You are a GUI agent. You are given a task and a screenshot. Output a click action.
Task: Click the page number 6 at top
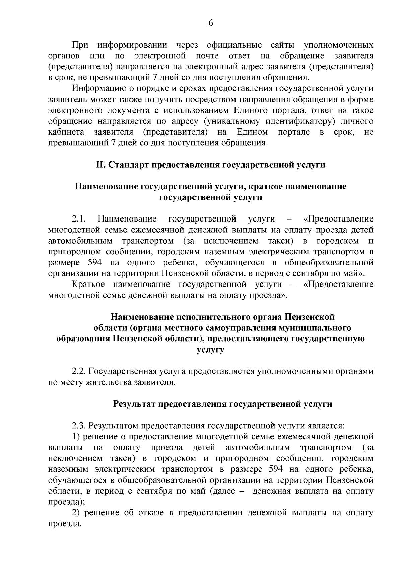pos(211,23)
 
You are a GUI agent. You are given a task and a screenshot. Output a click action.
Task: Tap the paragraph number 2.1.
pos(79,219)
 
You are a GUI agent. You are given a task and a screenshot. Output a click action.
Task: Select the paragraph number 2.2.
pos(79,371)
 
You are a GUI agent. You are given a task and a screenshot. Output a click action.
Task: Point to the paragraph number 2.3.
pos(79,426)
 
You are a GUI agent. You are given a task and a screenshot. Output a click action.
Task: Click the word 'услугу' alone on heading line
pos(210,350)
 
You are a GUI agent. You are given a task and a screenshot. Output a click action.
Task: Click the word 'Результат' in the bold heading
pos(134,404)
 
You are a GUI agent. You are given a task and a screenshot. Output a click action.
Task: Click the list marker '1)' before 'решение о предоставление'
pos(76,437)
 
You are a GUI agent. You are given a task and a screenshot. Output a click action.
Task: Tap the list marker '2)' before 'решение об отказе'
pos(76,513)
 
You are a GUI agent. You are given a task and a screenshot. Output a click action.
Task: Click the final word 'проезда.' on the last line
pos(65,524)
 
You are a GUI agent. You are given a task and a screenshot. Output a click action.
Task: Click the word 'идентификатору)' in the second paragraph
pos(303,121)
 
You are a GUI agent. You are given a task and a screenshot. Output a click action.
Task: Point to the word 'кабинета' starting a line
pos(66,132)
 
